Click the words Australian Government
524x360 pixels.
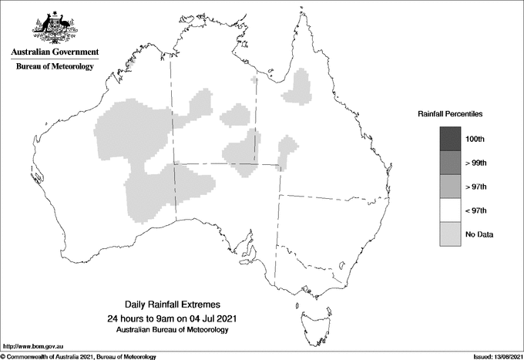click(55, 52)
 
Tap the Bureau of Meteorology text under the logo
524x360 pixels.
click(55, 67)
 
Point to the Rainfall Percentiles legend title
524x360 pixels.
click(450, 113)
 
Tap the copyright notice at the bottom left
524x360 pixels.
click(79, 356)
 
